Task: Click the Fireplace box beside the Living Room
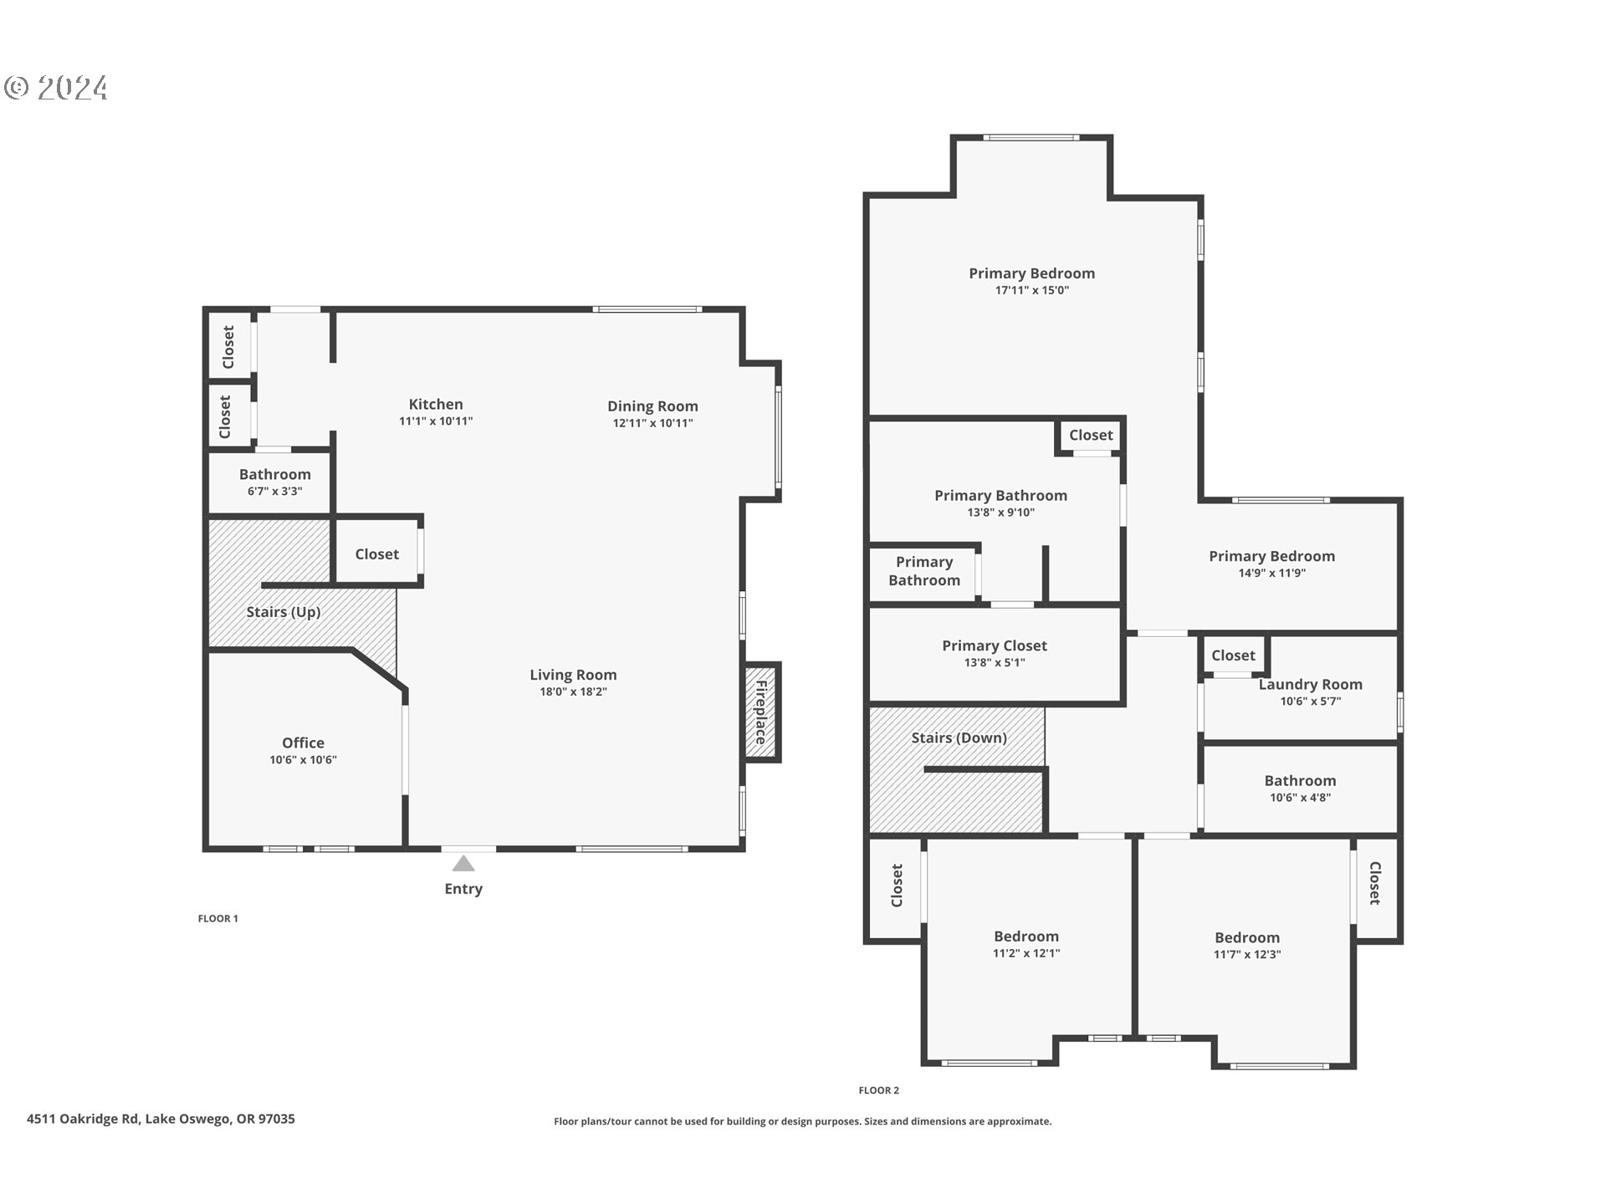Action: pos(761,712)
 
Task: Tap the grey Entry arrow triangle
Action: pos(463,864)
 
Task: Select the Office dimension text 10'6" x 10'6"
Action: pos(303,760)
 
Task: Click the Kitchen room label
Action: pos(436,404)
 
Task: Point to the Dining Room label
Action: pos(652,406)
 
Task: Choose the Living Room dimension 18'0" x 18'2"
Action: pos(573,691)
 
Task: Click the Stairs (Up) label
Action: pos(284,612)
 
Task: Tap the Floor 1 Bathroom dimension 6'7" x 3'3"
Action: pos(274,492)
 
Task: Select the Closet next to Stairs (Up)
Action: pos(376,554)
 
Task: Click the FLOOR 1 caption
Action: pos(218,918)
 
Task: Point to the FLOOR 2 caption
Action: pos(878,1090)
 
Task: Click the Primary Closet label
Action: pos(995,645)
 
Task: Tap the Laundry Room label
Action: pos(1310,684)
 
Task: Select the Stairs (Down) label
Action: pos(959,737)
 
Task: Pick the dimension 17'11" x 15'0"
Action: pos(1031,291)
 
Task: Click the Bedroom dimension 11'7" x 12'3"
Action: pos(1247,955)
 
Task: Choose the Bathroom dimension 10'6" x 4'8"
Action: pos(1300,798)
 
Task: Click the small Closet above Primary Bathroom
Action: pos(1091,435)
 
